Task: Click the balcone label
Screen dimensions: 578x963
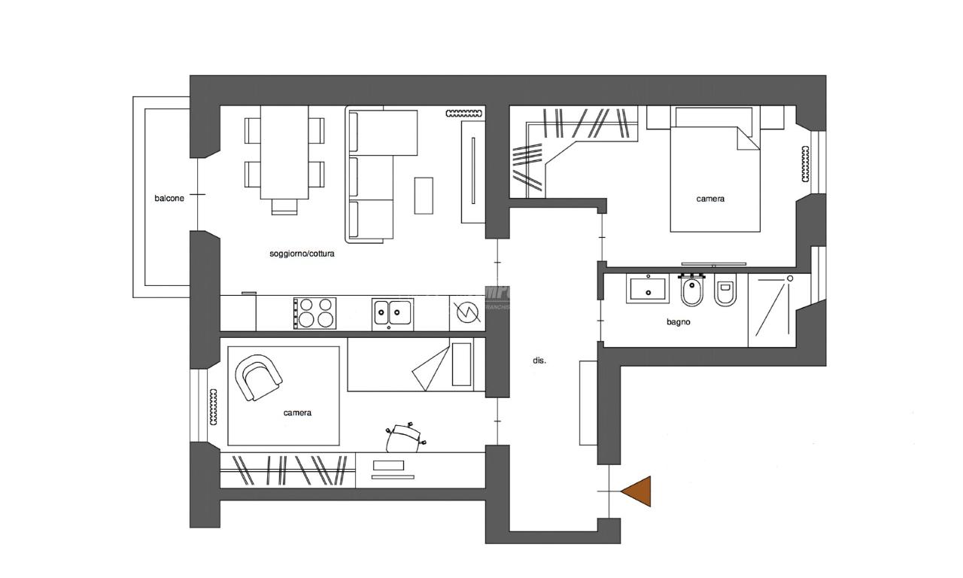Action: click(169, 199)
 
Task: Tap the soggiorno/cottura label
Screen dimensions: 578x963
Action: click(302, 254)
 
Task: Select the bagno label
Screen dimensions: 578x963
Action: click(678, 321)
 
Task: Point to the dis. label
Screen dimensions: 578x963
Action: click(539, 360)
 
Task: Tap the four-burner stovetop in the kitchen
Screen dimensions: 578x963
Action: click(314, 313)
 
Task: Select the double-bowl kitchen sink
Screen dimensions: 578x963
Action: click(392, 312)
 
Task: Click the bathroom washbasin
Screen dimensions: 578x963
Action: click(647, 289)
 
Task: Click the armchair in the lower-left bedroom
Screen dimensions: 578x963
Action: click(259, 377)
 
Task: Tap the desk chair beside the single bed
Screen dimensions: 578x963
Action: click(406, 438)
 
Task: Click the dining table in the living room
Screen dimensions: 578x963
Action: click(284, 152)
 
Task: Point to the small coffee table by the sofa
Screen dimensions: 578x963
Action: click(424, 195)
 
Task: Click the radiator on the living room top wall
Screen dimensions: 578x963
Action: click(463, 114)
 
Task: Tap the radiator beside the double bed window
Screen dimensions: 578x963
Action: click(806, 163)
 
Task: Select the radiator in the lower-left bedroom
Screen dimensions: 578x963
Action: click(214, 408)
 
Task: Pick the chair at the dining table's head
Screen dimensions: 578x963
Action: click(284, 206)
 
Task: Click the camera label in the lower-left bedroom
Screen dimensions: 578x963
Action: click(297, 412)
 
